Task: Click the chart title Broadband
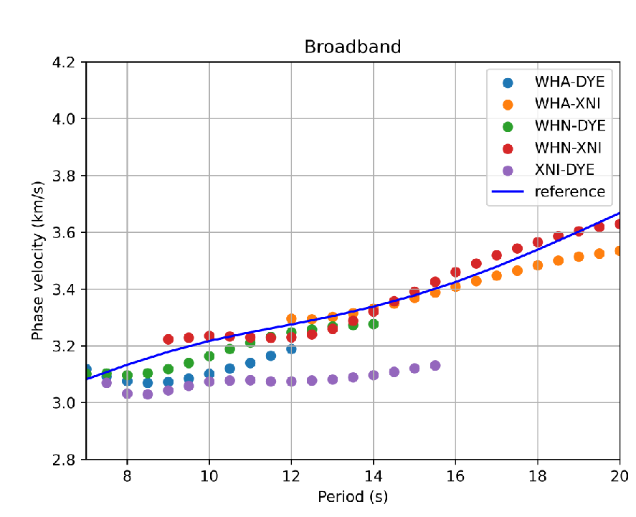tap(352, 47)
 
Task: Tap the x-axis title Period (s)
tap(352, 496)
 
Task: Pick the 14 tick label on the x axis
tap(373, 476)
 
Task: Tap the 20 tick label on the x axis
tap(620, 476)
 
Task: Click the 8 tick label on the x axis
tap(127, 476)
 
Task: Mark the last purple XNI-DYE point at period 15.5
tap(435, 365)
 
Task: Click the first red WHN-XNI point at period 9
tap(169, 339)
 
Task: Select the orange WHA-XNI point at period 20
tap(620, 251)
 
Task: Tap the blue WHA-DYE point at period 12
tap(291, 348)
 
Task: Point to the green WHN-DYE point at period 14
tap(374, 324)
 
